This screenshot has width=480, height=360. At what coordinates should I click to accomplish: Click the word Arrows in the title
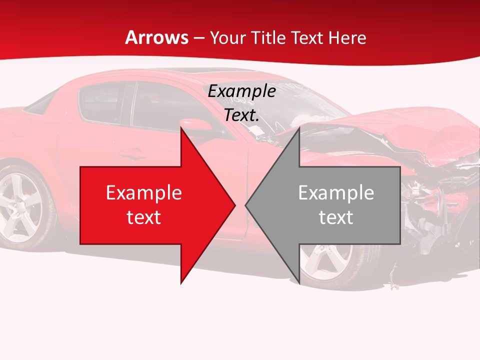(x=156, y=37)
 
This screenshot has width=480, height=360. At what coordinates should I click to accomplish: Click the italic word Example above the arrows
(x=241, y=91)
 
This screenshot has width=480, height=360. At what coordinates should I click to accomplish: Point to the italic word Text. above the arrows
(x=241, y=115)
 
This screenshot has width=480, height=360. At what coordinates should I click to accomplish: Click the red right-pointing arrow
(x=150, y=205)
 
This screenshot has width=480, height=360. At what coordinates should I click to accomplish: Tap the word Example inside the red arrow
(x=144, y=193)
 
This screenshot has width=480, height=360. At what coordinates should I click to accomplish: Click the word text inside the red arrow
(x=144, y=217)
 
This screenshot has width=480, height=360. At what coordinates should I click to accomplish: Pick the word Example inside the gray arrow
(x=336, y=193)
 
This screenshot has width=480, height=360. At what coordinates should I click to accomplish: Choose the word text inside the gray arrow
(x=336, y=217)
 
